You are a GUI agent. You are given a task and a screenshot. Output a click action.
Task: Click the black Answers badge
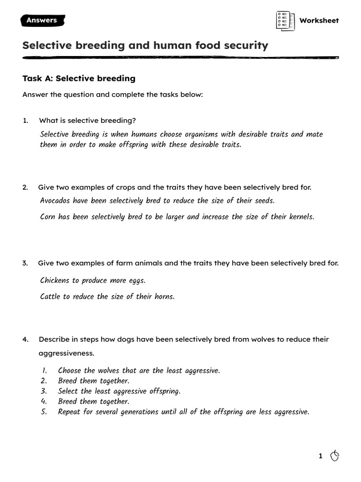point(42,20)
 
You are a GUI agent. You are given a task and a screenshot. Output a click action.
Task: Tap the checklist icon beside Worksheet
point(285,20)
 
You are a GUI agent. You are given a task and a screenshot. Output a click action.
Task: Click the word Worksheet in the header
point(319,20)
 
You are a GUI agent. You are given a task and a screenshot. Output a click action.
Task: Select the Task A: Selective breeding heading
point(79,78)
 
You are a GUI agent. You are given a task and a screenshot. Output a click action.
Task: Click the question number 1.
point(25,120)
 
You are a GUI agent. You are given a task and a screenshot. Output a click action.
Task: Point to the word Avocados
point(55,201)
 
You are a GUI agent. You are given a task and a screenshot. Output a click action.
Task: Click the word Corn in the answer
point(48,217)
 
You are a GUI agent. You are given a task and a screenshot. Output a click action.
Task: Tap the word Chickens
point(55,281)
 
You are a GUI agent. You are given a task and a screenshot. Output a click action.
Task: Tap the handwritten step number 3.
point(44,391)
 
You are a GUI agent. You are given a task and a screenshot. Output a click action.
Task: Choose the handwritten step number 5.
point(44,412)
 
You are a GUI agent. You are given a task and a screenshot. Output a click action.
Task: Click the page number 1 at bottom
point(321,456)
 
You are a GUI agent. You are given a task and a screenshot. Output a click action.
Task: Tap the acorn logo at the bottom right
point(335,455)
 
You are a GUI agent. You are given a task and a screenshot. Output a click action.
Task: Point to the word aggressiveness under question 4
point(66,353)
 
